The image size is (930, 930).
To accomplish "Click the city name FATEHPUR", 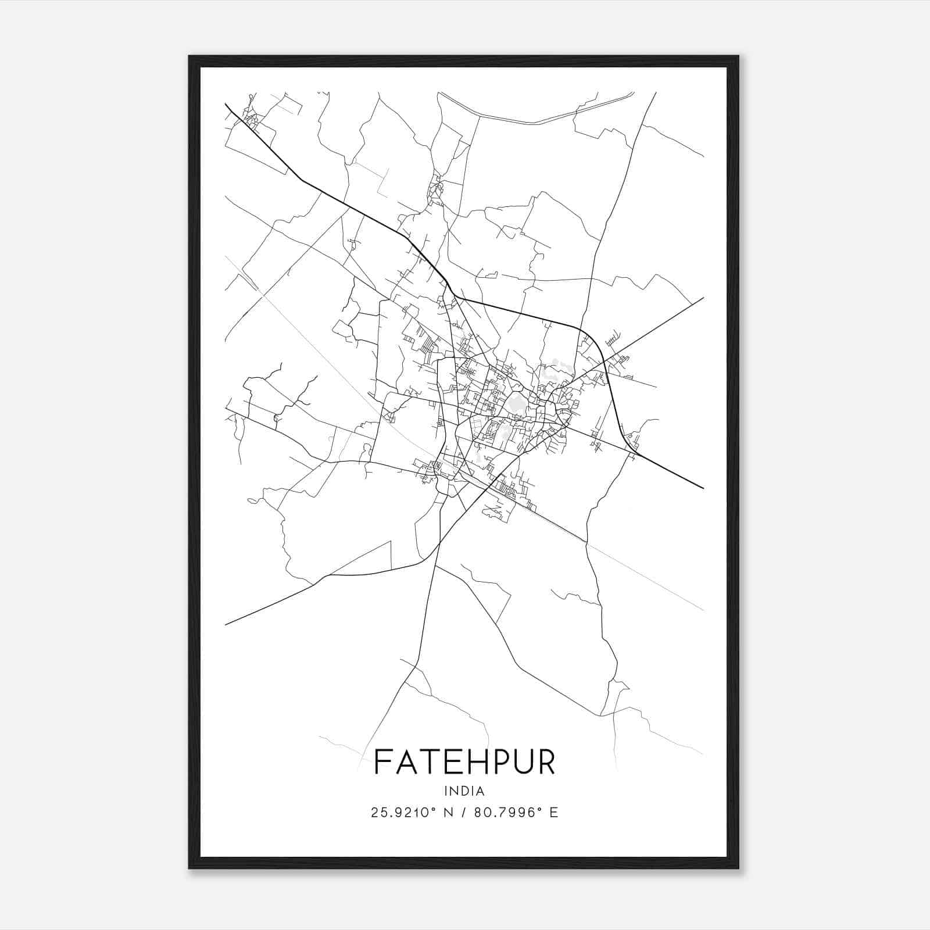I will click(464, 761).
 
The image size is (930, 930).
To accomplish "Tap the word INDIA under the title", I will click(464, 791).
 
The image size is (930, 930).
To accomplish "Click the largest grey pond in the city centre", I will click(516, 403).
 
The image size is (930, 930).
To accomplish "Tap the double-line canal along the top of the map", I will click(535, 122).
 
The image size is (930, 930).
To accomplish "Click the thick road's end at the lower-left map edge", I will click(226, 624).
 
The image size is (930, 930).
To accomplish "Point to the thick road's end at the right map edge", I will click(703, 488).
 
